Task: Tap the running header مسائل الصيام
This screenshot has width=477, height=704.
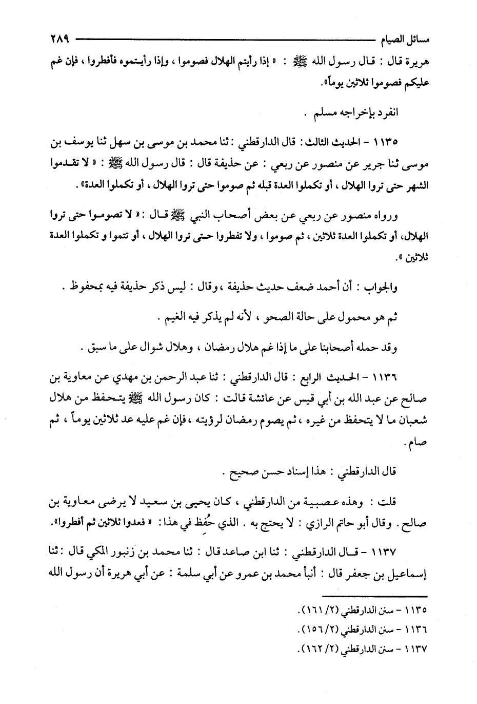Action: (402, 39)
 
